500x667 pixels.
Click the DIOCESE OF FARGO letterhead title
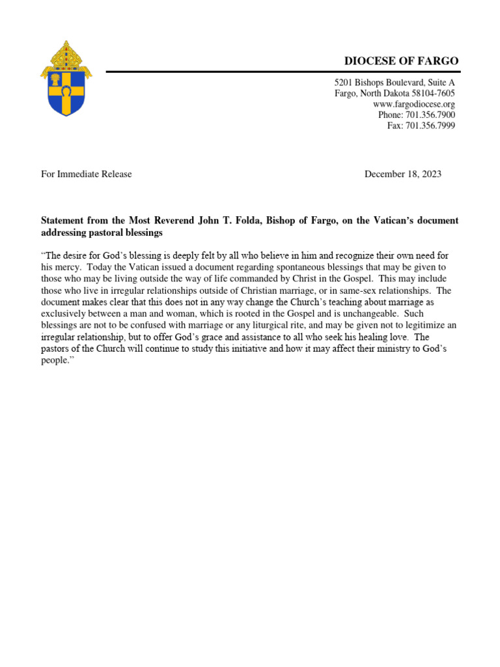point(401,61)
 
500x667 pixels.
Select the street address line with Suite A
point(395,83)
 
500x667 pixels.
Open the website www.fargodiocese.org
point(414,104)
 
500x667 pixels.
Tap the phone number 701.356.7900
point(432,115)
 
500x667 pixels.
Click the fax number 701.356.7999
point(432,125)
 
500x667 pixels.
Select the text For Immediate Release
point(86,174)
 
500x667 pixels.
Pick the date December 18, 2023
point(403,174)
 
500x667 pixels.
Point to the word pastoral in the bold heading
point(106,233)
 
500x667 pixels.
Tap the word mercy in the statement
point(68,266)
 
